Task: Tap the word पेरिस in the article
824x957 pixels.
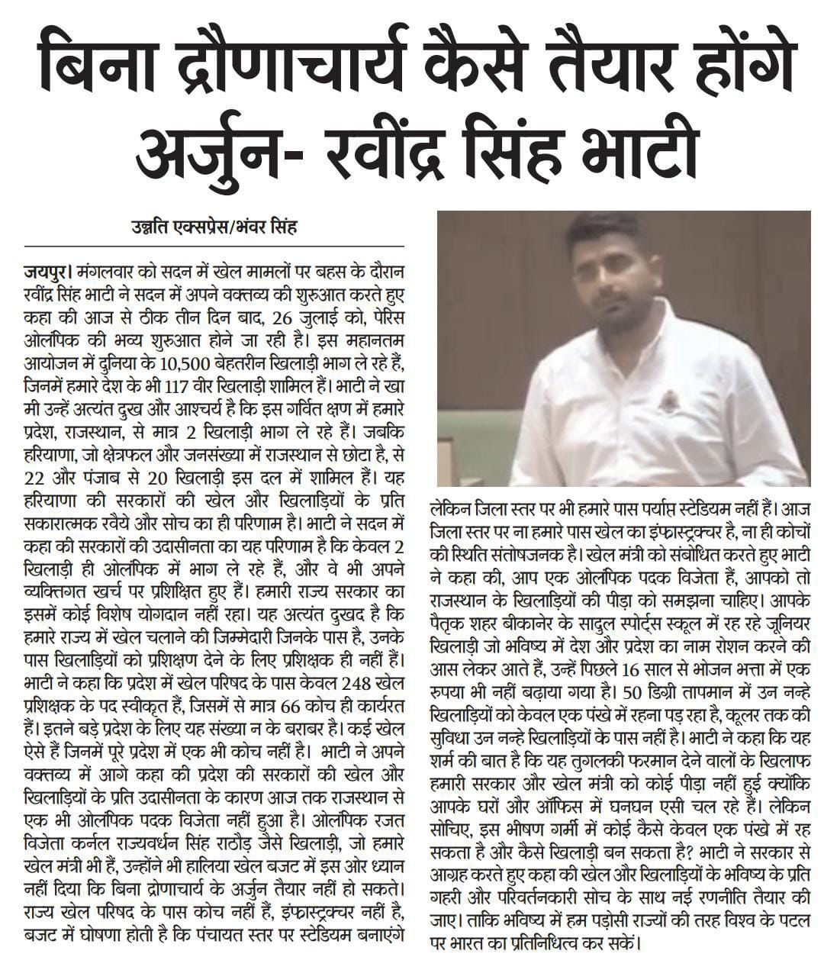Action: click(x=399, y=313)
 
